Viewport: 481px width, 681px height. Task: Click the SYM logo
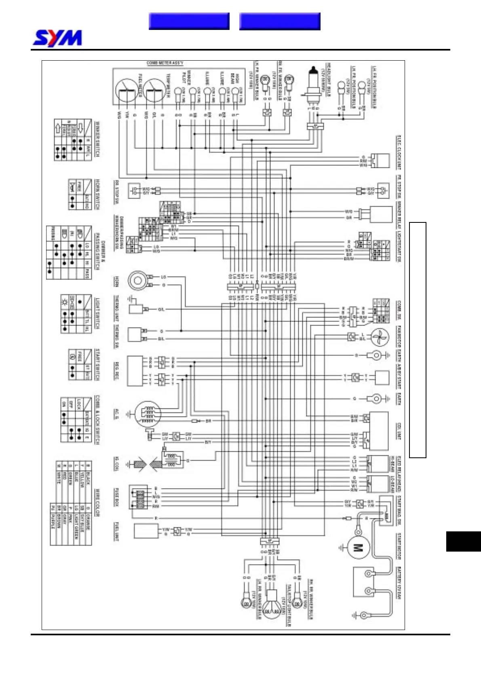coord(57,38)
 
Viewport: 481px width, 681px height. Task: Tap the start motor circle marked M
coord(358,548)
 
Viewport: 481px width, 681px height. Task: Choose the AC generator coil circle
coord(148,414)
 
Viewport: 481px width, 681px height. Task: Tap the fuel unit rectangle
coord(146,531)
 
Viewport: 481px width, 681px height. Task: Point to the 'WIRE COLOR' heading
coord(97,503)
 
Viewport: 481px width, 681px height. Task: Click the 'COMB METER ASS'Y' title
coord(165,63)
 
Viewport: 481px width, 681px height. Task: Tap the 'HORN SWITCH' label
coord(97,194)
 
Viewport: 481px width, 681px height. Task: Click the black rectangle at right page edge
coord(463,541)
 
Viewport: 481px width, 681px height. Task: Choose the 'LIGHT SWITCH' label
coord(97,313)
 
